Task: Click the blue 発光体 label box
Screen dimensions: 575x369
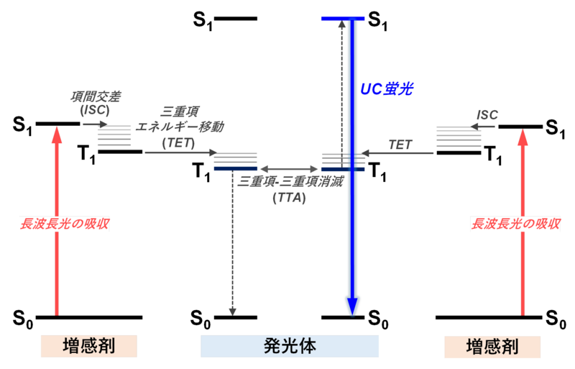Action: click(x=290, y=346)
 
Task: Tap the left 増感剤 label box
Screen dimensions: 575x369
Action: click(x=88, y=346)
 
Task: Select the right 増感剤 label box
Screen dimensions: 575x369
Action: click(x=492, y=347)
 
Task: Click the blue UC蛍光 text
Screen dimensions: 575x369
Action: click(x=387, y=89)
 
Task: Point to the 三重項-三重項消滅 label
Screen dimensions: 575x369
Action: click(x=290, y=181)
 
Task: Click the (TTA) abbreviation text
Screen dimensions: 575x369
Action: click(x=290, y=198)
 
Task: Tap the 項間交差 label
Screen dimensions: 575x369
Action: click(x=96, y=96)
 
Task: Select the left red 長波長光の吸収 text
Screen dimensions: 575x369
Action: click(x=65, y=224)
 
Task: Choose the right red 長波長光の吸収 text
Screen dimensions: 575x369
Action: click(x=515, y=224)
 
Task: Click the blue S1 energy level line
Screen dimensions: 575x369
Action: click(x=343, y=19)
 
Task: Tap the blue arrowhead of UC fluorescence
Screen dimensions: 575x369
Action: click(x=352, y=306)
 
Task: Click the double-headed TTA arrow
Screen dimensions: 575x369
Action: click(x=289, y=169)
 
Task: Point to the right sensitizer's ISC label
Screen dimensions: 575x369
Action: click(x=487, y=115)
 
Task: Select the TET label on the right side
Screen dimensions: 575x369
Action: click(x=400, y=145)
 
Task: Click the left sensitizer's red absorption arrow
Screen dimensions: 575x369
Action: click(x=57, y=221)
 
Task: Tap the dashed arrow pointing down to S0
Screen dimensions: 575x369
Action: click(x=232, y=243)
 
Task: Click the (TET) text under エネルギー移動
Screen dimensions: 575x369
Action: click(x=178, y=143)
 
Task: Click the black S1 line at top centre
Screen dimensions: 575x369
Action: click(x=236, y=19)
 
